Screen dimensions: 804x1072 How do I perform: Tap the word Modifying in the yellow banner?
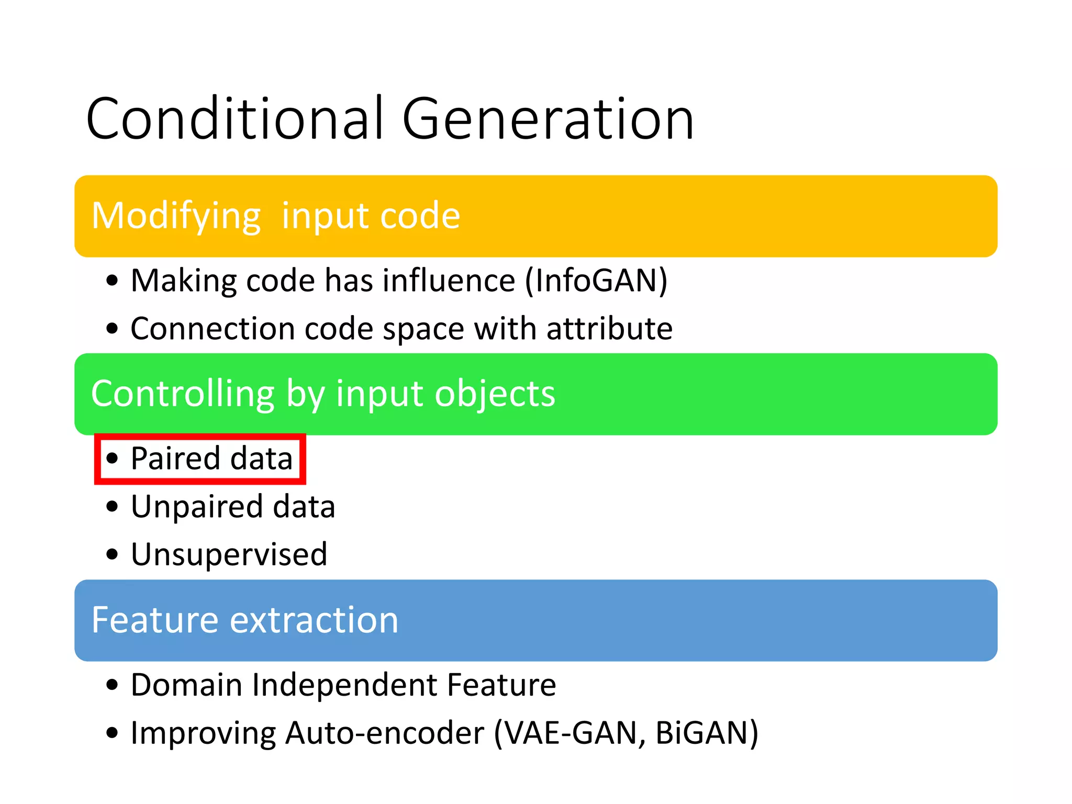pyautogui.click(x=176, y=216)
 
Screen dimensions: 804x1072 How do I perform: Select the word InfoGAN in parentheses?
pyautogui.click(x=596, y=281)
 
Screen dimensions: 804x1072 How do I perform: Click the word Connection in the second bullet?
pyautogui.click(x=213, y=329)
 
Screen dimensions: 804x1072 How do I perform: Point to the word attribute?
pyautogui.click(x=609, y=329)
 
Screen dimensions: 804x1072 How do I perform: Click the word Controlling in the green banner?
pyautogui.click(x=182, y=394)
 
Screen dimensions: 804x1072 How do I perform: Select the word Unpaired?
pyautogui.click(x=197, y=507)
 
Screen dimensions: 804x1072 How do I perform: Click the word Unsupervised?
pyautogui.click(x=229, y=554)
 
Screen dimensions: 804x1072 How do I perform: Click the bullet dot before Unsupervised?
pyautogui.click(x=112, y=554)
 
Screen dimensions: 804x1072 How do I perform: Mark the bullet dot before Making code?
pyautogui.click(x=112, y=281)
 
